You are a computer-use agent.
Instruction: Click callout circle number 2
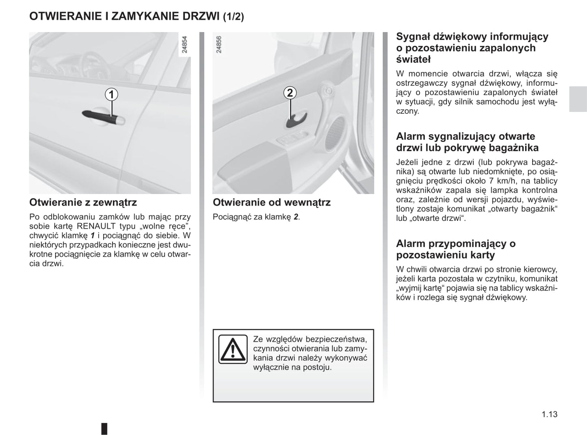click(290, 93)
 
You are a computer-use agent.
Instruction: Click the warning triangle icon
click(233, 349)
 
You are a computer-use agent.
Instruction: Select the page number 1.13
click(549, 414)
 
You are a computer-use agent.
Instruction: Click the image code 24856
click(219, 45)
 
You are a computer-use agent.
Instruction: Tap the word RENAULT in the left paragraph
click(96, 226)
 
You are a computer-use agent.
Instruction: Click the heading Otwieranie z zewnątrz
click(83, 202)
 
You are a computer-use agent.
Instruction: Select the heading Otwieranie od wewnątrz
click(271, 202)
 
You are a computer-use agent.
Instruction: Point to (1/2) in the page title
click(234, 17)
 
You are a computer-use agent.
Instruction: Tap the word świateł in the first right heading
click(413, 59)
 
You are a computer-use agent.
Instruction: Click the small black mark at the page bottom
click(104, 428)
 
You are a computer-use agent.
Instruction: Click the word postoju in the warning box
click(317, 368)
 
